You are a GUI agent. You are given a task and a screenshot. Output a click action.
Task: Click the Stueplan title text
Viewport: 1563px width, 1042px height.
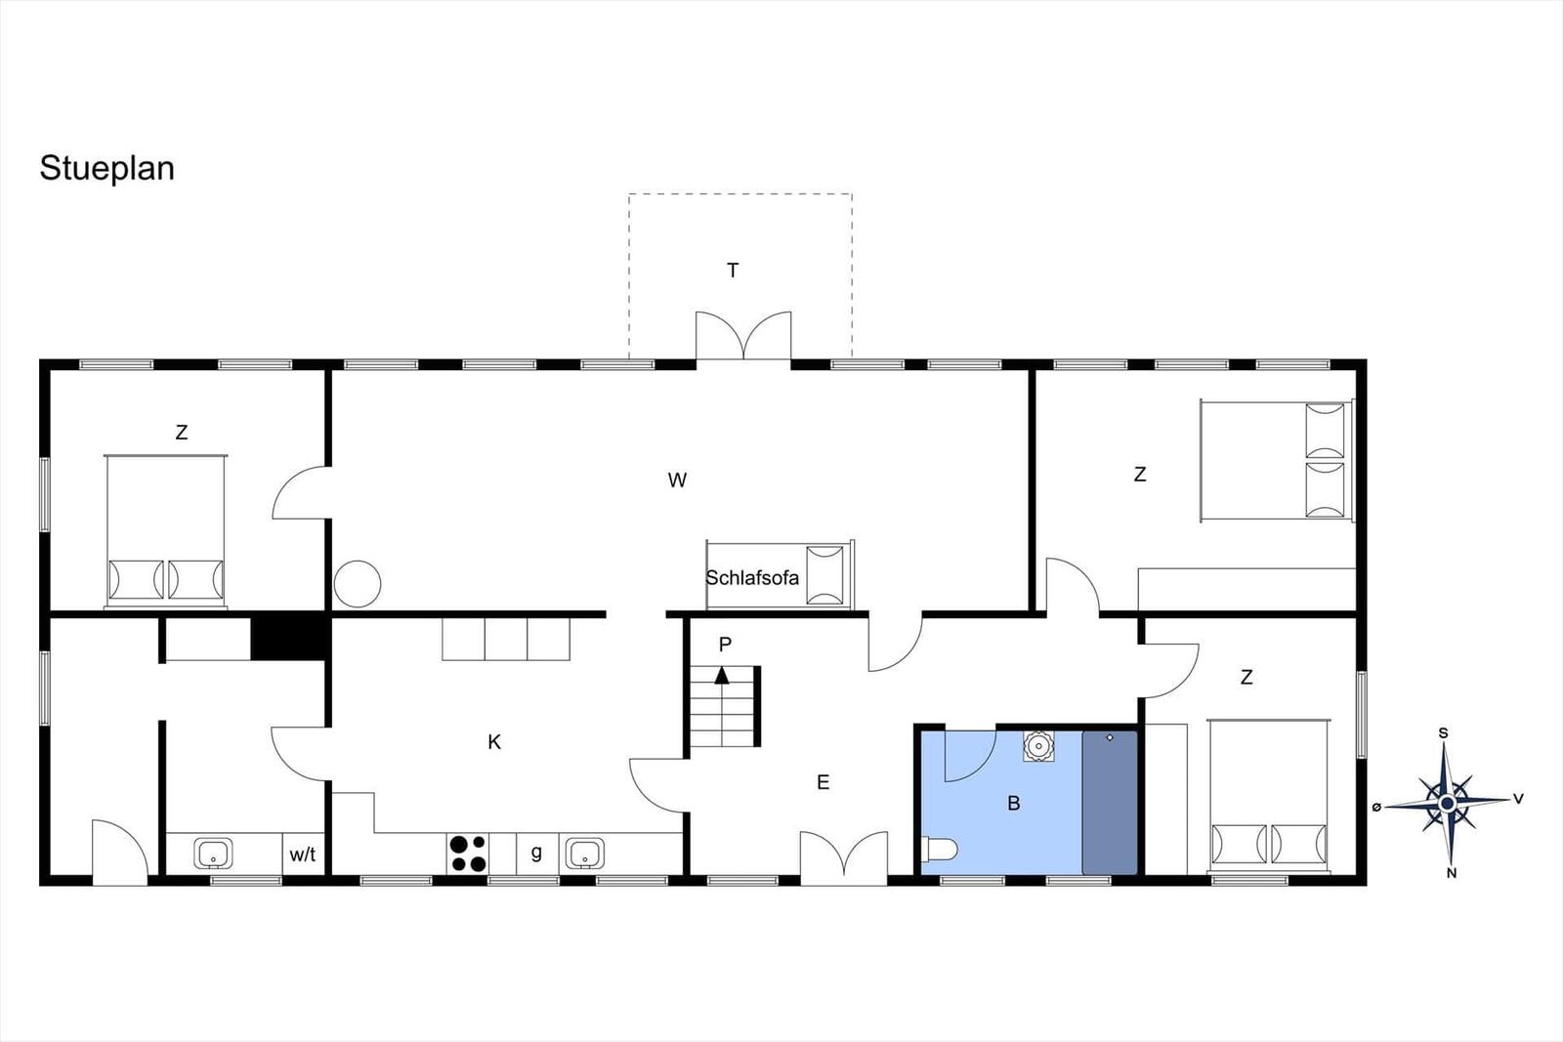point(106,168)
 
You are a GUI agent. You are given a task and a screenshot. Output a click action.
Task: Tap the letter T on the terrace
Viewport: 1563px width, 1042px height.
point(733,270)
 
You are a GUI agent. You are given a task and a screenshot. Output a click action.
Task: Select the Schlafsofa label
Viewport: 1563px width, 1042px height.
point(751,577)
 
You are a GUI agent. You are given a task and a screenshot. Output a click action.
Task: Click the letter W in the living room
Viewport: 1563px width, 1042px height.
point(677,479)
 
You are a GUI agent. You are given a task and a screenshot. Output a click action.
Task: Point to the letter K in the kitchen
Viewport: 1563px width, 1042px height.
point(494,742)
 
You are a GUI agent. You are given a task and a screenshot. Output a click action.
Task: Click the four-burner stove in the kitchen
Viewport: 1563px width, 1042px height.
point(468,854)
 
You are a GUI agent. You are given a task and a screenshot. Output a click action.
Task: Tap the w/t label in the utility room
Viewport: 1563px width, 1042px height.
point(303,854)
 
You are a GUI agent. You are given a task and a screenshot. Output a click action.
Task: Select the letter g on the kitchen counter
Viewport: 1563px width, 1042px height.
point(536,853)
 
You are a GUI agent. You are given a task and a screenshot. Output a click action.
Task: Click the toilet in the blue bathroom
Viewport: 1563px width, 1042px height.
point(939,850)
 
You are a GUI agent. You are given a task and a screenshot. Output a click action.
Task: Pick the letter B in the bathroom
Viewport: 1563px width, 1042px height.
point(1014,804)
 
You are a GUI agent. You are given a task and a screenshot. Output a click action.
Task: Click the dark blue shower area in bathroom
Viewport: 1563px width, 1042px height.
point(1110,802)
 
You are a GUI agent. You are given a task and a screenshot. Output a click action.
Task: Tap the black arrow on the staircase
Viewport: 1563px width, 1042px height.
point(722,675)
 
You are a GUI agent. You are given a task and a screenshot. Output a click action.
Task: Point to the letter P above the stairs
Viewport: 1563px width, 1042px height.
point(725,645)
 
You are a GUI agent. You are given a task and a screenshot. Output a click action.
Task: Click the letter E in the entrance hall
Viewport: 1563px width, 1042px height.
point(824,782)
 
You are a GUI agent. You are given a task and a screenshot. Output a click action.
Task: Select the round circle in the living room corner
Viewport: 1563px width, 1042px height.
point(358,584)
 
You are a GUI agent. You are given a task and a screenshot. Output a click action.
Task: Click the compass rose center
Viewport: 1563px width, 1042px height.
point(1447,804)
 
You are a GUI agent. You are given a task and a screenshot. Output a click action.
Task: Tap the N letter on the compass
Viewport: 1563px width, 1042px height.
point(1452,873)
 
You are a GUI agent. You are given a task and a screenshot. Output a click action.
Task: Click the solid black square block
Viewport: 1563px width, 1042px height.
point(289,637)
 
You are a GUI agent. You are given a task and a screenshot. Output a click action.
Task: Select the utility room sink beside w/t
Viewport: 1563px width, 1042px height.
point(213,854)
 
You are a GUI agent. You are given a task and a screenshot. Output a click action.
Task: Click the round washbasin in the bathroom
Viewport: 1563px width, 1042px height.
point(1039,746)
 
